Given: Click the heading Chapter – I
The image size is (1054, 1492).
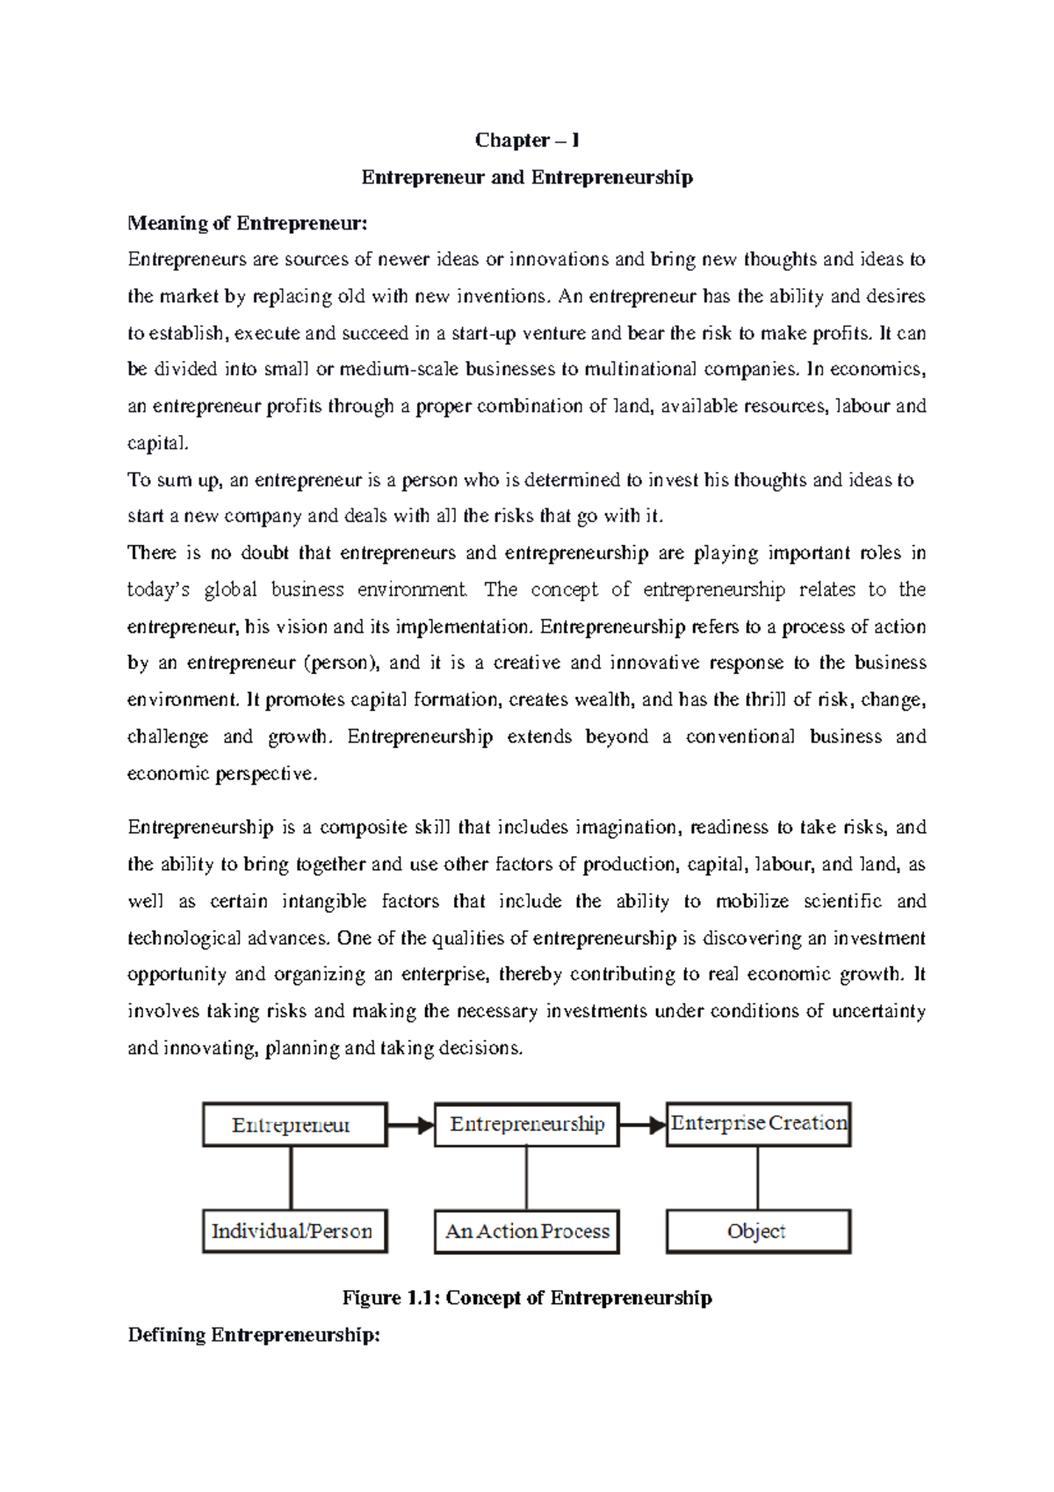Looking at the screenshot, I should [527, 141].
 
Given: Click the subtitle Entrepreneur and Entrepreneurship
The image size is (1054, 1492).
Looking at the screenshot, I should [527, 177].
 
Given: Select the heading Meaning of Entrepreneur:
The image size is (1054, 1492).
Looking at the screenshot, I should [247, 223].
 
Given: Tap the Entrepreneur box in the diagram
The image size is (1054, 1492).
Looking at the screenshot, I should [294, 1126].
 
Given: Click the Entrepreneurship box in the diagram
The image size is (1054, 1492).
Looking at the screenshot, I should [527, 1125].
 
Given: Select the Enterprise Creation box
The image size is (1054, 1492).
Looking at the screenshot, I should [759, 1124].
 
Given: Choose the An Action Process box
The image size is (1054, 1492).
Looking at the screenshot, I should [527, 1232].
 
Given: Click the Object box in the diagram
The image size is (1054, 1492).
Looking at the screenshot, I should [757, 1232].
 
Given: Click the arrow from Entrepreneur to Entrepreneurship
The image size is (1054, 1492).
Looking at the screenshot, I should [410, 1126].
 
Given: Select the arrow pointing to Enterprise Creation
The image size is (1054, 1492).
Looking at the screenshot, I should [642, 1126].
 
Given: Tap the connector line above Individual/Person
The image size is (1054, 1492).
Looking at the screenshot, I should [291, 1178].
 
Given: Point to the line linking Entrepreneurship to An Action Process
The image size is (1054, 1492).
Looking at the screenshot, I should [526, 1178].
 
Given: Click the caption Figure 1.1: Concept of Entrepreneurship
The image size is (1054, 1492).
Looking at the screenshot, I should [527, 1298].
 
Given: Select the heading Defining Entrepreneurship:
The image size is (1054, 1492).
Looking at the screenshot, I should [254, 1336].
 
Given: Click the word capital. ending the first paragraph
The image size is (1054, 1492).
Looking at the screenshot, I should [157, 444].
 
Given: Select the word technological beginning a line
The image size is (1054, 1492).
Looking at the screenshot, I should [183, 938].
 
